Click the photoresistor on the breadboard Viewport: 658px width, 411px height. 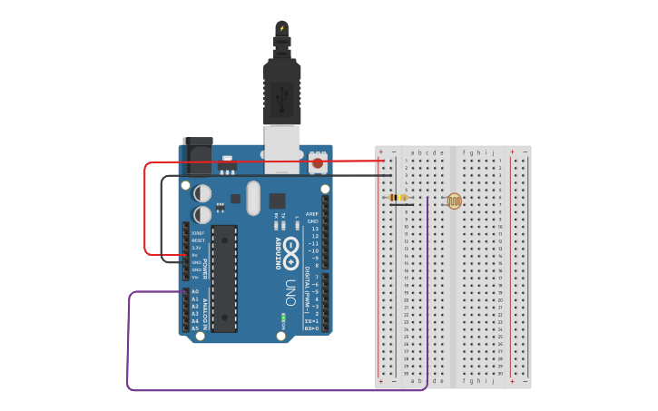454,201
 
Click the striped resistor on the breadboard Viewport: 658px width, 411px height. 398,197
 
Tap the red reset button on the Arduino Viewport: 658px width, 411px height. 318,163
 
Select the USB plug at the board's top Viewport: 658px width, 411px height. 282,91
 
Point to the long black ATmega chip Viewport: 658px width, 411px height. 224,278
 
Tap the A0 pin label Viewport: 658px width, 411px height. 195,291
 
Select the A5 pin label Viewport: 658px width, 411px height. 195,328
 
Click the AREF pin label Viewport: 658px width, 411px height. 313,214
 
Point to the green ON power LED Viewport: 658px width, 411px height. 283,318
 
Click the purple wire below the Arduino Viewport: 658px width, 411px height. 272,390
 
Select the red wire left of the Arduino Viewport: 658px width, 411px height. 145,209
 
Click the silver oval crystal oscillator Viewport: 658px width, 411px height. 253,198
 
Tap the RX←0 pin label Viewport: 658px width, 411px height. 311,328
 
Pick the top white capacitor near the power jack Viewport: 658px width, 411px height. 202,193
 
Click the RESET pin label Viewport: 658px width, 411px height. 198,240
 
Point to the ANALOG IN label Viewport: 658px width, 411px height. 206,313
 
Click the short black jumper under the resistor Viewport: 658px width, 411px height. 401,205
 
